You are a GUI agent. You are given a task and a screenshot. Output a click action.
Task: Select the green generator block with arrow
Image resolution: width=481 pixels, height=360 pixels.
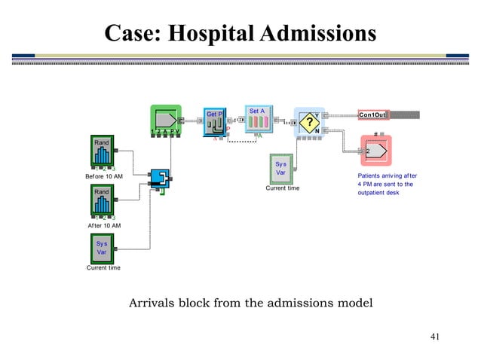point(166,121)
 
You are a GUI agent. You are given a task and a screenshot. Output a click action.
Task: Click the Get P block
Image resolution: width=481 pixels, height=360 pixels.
point(215,122)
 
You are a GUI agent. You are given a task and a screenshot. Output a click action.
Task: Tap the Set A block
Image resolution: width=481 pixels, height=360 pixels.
point(258,121)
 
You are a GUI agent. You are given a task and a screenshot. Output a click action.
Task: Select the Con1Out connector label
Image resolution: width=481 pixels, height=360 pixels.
point(373,114)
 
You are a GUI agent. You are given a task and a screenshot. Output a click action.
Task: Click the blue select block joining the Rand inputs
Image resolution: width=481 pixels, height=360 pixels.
point(160,179)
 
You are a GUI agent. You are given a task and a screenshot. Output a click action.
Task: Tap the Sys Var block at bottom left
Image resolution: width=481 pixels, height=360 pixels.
point(101,248)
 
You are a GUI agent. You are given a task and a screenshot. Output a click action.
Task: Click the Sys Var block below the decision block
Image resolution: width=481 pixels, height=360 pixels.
point(281,168)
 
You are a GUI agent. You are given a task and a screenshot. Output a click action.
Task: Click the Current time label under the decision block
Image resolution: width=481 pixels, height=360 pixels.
point(283,188)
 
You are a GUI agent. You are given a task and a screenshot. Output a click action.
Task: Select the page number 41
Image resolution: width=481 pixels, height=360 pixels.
point(434,336)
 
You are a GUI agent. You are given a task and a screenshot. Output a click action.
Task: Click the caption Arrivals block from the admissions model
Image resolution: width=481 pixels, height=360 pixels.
point(250,304)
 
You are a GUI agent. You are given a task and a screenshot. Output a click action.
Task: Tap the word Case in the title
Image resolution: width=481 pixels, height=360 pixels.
point(133,33)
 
